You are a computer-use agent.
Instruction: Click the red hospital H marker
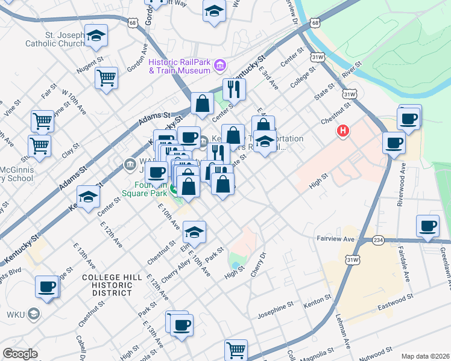click(344, 131)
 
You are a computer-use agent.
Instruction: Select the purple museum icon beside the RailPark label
click(219, 64)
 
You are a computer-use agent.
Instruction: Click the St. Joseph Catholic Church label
click(54, 39)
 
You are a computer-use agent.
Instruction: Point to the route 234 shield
click(379, 239)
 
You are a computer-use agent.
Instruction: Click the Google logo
click(20, 354)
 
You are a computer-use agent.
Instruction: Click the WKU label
click(14, 314)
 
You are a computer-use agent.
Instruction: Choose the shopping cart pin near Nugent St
click(106, 78)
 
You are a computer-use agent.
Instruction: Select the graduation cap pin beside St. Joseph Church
click(96, 35)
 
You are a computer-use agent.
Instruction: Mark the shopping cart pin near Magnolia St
click(236, 349)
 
